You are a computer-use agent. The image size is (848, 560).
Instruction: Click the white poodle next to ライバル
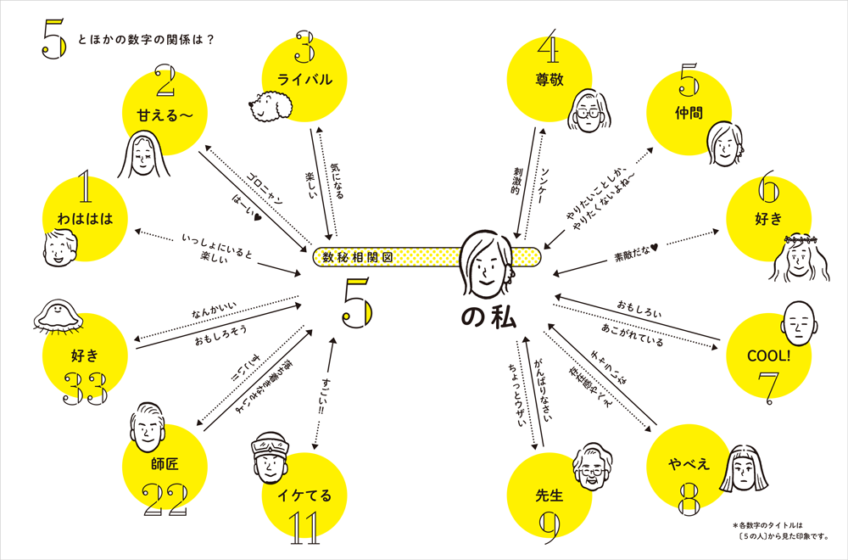[x=270, y=104]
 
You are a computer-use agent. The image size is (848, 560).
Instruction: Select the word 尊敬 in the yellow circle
[x=550, y=78]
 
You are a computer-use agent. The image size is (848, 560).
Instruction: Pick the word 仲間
[x=689, y=112]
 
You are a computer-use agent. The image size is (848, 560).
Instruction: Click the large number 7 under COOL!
[x=767, y=386]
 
